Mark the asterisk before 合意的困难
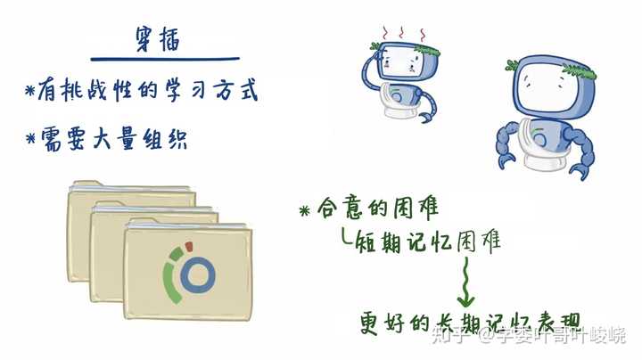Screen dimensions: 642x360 coord(305,210)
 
